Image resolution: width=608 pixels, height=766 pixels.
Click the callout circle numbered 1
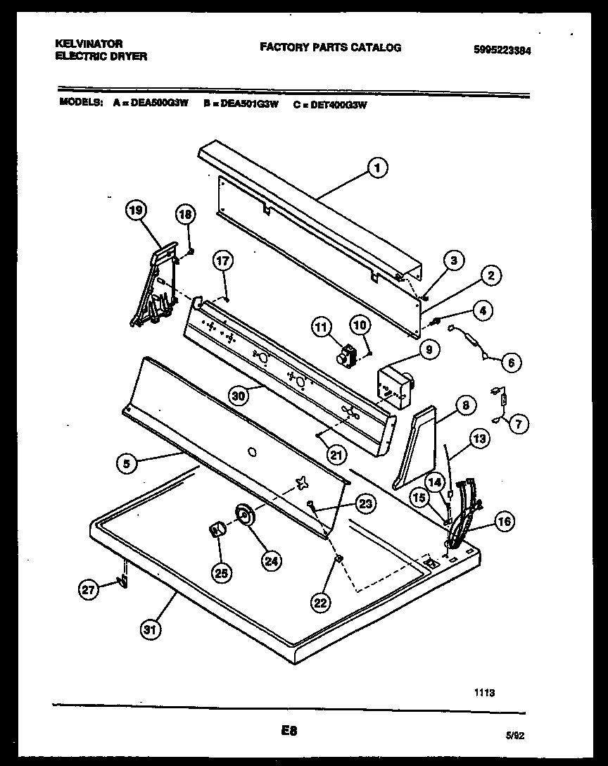[x=377, y=168]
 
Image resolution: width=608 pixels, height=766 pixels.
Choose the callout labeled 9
[x=428, y=349]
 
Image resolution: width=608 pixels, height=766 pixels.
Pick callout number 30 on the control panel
[x=239, y=396]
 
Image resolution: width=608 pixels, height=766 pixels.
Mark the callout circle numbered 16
[x=504, y=522]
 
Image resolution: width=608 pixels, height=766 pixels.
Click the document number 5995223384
[x=502, y=49]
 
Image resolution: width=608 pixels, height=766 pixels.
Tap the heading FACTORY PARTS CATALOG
[x=331, y=48]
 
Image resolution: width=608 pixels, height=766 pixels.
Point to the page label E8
[x=288, y=731]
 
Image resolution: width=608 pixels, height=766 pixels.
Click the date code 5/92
[x=517, y=734]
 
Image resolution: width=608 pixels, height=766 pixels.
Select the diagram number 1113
[x=484, y=693]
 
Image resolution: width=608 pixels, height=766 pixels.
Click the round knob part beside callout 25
[x=217, y=530]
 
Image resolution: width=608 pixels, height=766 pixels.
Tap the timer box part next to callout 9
[x=394, y=386]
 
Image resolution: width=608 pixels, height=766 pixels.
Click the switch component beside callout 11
[x=346, y=357]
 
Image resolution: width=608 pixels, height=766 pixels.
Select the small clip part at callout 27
[x=122, y=581]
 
